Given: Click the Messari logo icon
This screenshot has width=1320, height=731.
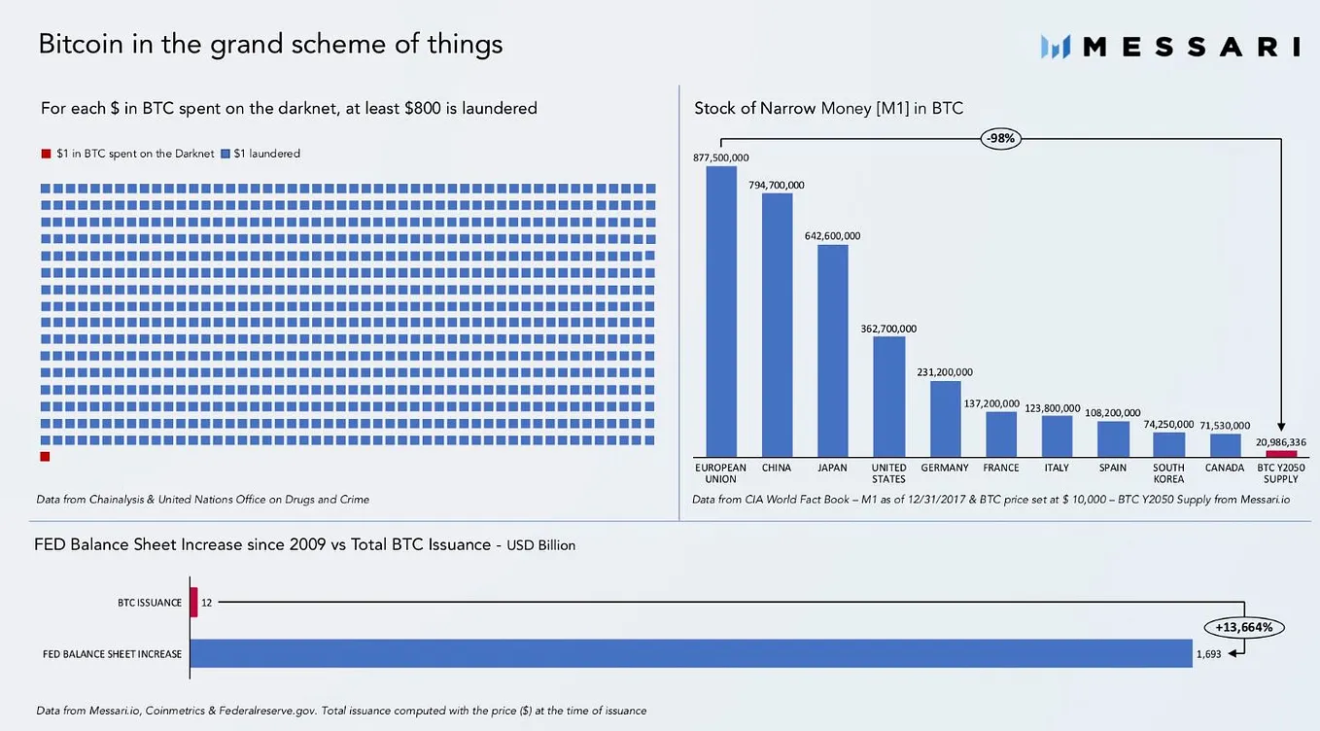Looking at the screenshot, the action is [x=1056, y=47].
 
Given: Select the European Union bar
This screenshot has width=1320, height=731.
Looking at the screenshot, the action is [x=721, y=311].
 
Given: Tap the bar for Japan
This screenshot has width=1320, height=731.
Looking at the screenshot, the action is [x=833, y=351].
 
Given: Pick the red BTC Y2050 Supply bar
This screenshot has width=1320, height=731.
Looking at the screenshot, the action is [x=1281, y=454].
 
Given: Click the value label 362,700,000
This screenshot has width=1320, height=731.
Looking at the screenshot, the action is [x=888, y=329].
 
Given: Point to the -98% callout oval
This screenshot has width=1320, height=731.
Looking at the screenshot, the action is [x=1000, y=139].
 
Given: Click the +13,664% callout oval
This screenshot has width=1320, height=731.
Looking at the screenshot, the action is [x=1243, y=627].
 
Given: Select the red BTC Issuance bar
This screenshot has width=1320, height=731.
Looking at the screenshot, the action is [x=193, y=602].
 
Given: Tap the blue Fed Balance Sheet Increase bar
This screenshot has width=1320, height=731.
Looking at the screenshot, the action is [x=691, y=653].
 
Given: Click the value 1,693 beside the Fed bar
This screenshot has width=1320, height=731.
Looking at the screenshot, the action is [x=1208, y=654].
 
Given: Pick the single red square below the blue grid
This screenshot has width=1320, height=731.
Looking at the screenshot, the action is [x=45, y=456].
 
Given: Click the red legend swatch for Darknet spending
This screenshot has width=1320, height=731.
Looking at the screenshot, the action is [x=46, y=154].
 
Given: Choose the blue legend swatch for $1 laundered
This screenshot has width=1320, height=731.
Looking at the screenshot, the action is [x=226, y=154].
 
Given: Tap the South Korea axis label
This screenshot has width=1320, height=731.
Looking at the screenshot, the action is [x=1168, y=473].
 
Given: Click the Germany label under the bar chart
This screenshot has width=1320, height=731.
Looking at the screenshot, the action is [x=945, y=468].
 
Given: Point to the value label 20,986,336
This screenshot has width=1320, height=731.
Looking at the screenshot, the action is [x=1281, y=442].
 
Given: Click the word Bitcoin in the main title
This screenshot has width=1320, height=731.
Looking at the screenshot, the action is [x=81, y=44].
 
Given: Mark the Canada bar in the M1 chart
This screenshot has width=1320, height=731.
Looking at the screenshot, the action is [x=1226, y=445].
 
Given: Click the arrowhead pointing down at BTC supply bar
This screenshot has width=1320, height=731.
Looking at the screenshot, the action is [x=1281, y=427].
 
